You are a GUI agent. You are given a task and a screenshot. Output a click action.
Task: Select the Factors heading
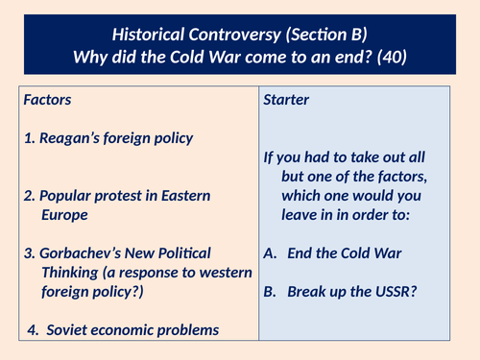click(x=47, y=99)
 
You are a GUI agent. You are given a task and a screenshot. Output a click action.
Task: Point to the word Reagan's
click(x=75, y=138)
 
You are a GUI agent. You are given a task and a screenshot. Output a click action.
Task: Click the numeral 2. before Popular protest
click(x=30, y=196)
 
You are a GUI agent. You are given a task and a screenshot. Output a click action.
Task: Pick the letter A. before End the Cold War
click(x=271, y=254)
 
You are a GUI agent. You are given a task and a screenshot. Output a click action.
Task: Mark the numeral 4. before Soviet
click(x=34, y=330)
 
